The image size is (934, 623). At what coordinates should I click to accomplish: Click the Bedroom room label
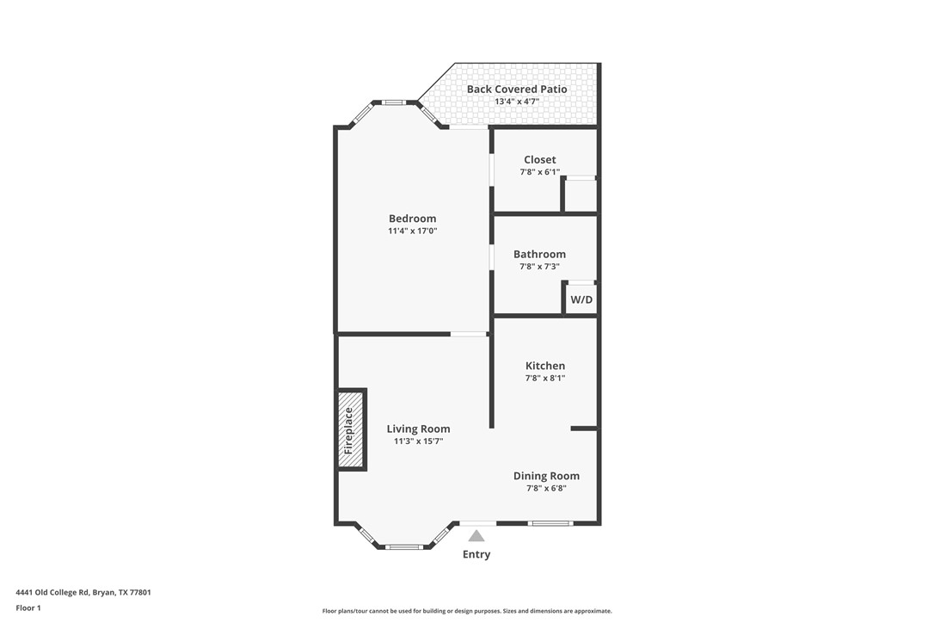[412, 219]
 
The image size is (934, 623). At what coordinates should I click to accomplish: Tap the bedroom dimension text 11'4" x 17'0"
[412, 231]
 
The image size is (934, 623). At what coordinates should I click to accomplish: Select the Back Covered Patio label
[516, 89]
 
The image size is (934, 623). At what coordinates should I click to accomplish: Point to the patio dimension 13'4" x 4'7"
[516, 102]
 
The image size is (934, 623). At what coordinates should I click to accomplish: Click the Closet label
[539, 160]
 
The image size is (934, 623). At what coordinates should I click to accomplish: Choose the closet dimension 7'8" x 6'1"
[539, 172]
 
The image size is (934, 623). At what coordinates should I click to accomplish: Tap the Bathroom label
[539, 255]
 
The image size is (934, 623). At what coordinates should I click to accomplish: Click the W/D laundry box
[581, 299]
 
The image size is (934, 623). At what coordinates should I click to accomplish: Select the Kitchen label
[545, 366]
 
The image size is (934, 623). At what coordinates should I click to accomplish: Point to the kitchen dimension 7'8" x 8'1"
[545, 379]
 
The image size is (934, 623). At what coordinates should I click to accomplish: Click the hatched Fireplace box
[350, 430]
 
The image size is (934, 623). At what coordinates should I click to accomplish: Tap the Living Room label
[418, 429]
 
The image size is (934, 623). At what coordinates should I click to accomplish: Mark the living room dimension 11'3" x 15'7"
[418, 441]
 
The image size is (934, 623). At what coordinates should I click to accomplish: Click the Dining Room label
[546, 476]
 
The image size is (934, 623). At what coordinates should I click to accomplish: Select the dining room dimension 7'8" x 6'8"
[546, 489]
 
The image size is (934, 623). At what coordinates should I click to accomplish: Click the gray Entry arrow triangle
[476, 535]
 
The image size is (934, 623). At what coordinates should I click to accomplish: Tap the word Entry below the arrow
[476, 554]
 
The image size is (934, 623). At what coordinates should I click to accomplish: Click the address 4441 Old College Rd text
[83, 592]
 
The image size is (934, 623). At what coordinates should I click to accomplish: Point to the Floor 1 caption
[28, 608]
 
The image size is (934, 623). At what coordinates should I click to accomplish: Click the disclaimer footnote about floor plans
[467, 611]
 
